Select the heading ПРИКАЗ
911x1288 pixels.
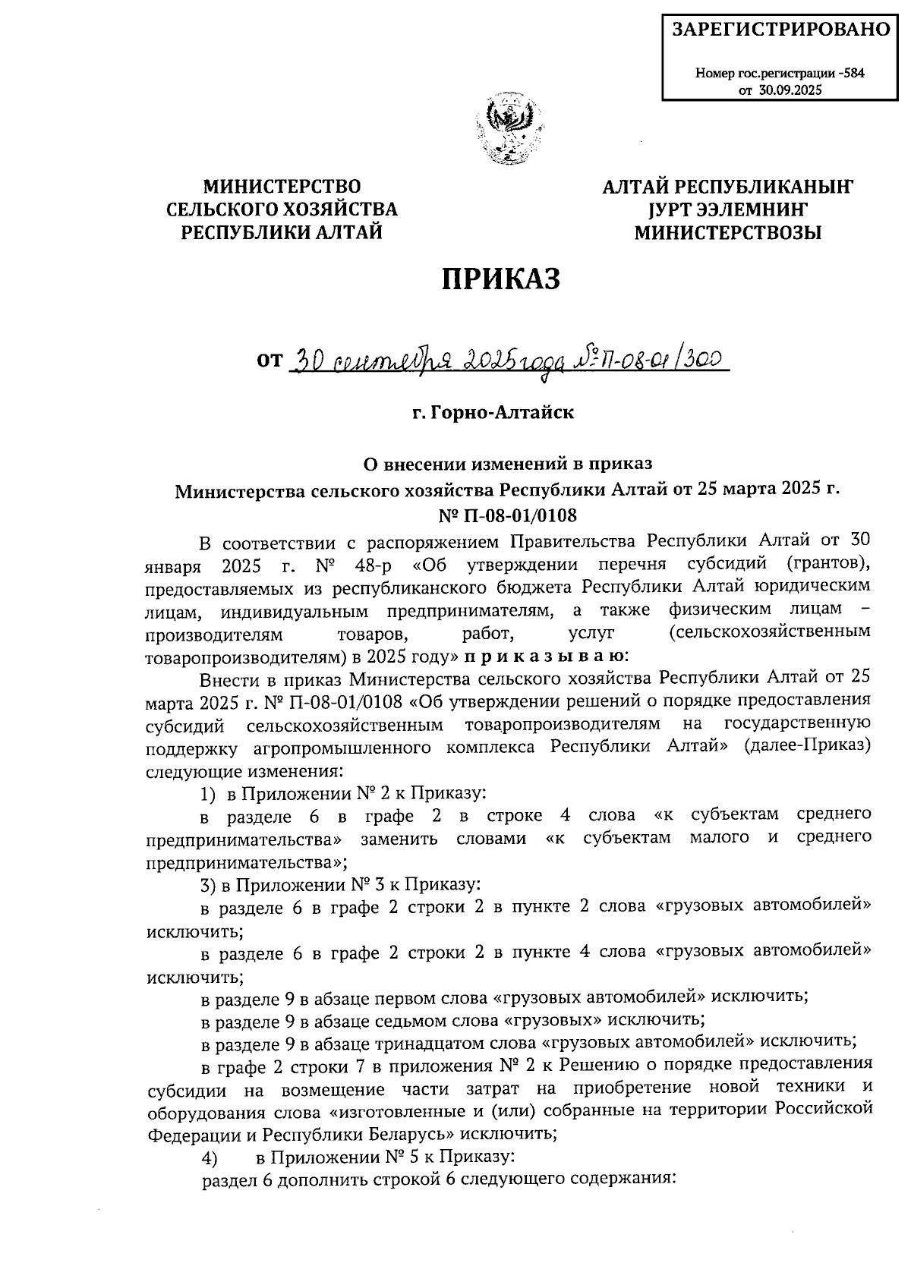502,279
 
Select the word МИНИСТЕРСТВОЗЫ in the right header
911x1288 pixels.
728,233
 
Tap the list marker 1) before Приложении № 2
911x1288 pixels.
207,794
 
